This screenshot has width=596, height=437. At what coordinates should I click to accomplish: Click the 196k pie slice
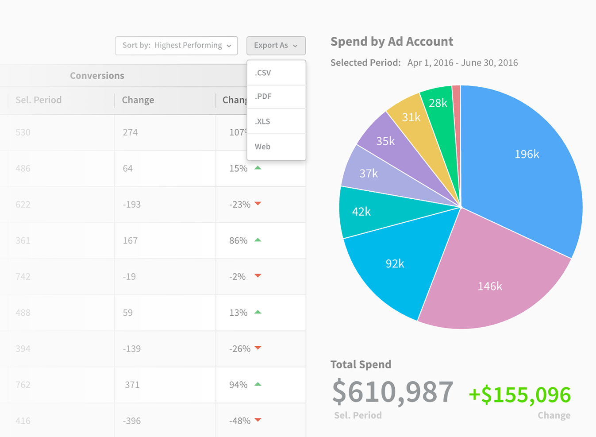tap(527, 155)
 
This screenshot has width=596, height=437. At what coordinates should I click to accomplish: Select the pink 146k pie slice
tap(490, 286)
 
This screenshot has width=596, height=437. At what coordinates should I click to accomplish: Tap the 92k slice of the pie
tap(395, 264)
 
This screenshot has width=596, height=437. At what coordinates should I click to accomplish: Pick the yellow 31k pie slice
tap(411, 117)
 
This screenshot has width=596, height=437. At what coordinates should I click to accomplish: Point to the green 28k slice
tap(438, 103)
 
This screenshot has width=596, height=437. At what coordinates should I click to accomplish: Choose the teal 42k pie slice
tap(361, 212)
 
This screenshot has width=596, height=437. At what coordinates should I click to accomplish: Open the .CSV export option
tap(276, 73)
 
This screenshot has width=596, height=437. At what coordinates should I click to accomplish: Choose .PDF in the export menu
tap(276, 97)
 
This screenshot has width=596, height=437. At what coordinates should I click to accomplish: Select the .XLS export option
tap(276, 121)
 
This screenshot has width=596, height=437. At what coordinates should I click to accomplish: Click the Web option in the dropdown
tap(276, 147)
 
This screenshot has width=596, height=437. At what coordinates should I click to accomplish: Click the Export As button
tap(276, 46)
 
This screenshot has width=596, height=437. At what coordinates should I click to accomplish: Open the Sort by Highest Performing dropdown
tap(176, 46)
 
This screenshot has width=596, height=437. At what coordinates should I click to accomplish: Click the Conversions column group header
tap(97, 76)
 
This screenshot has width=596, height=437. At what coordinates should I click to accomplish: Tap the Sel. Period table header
tap(38, 100)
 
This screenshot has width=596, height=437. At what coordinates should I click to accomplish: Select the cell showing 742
tap(23, 277)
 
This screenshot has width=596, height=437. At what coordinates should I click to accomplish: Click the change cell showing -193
tap(132, 205)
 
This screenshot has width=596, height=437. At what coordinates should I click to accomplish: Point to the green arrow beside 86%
tap(258, 240)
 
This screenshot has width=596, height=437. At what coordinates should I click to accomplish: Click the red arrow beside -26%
tap(258, 348)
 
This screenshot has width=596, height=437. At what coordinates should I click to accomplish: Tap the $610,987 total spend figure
tap(393, 392)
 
